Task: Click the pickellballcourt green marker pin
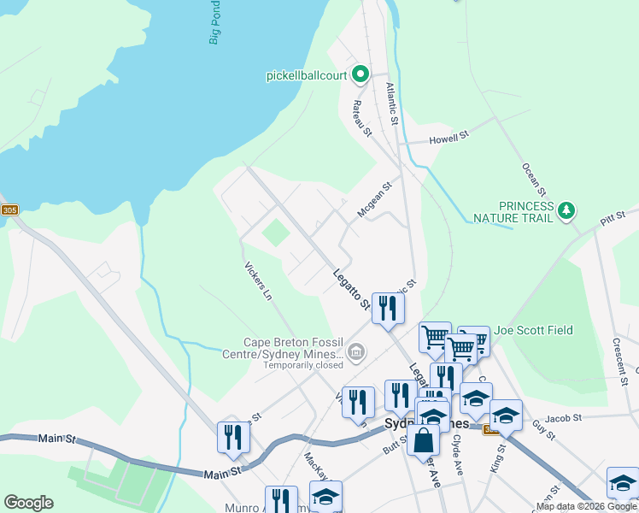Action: (360, 75)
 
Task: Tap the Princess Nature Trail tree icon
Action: (565, 209)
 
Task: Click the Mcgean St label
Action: (374, 199)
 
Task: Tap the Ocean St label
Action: (532, 169)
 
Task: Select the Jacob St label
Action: (564, 417)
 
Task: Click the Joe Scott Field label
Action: (533, 330)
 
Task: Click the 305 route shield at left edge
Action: (9, 209)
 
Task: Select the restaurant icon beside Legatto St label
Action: (388, 307)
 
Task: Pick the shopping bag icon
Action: (423, 440)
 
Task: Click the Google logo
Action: (28, 503)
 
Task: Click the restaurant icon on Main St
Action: (233, 436)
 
